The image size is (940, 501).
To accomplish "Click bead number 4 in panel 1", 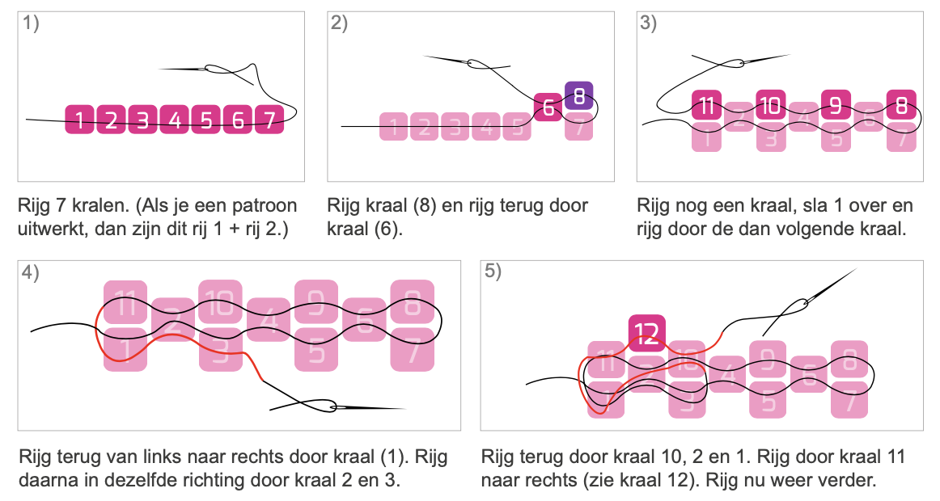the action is [175, 119].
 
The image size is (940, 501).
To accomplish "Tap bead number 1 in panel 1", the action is [80, 119].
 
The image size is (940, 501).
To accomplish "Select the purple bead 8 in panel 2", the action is [579, 96].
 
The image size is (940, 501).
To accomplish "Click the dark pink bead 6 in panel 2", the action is [548, 107].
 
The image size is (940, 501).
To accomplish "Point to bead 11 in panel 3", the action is [707, 105].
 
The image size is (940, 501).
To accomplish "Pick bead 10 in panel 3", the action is [771, 105].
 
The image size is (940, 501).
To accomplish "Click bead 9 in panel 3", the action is [836, 105].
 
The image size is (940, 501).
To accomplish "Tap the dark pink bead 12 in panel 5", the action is [647, 333].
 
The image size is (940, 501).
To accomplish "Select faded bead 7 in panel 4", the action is [413, 350].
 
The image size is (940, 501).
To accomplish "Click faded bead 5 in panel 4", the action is [316, 350].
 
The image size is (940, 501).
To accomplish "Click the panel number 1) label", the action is [32, 23].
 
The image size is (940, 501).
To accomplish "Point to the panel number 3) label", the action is [649, 23].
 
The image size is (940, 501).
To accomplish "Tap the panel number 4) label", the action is [31, 272].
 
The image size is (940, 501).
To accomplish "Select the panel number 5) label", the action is [493, 272].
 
